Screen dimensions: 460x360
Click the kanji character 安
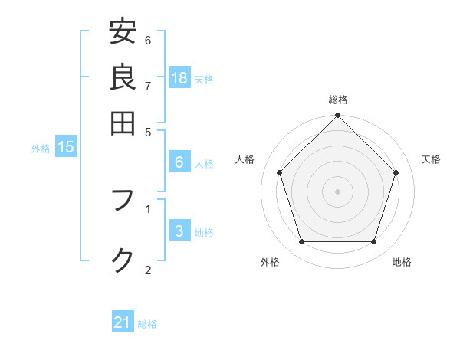tap(123, 33)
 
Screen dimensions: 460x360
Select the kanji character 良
tap(123, 77)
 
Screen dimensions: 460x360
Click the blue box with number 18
tap(179, 78)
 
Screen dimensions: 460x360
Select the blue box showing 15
tap(66, 148)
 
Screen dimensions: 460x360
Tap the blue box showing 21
tap(123, 323)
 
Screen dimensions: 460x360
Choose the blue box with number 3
tap(179, 231)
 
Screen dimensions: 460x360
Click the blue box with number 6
tap(179, 162)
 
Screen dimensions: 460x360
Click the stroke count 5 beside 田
tap(148, 131)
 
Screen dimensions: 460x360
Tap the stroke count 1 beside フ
tap(148, 208)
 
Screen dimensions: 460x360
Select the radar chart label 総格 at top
tap(338, 100)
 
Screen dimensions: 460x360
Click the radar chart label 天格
tap(432, 159)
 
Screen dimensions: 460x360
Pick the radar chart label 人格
tap(245, 159)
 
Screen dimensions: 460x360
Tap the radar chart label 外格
tap(270, 263)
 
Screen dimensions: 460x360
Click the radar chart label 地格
tap(402, 263)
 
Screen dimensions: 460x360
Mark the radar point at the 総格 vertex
tap(338, 116)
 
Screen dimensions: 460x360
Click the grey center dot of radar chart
tap(338, 191)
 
